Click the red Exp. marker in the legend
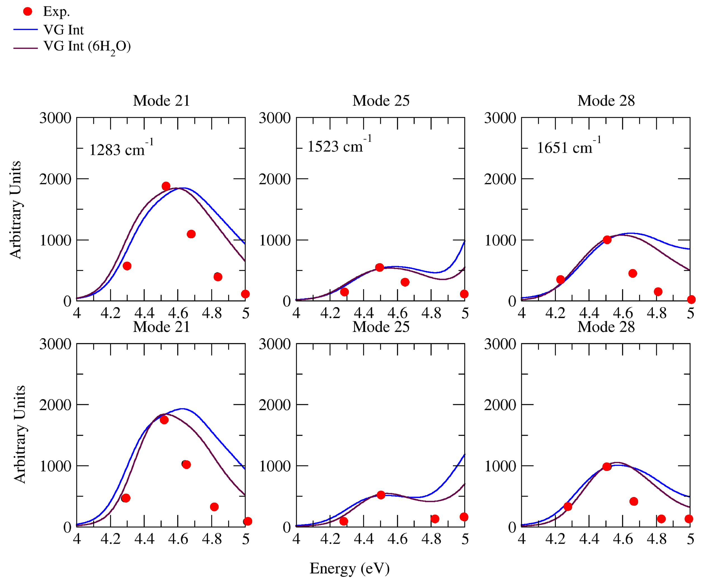click(x=27, y=12)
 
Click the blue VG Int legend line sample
click(x=25, y=29)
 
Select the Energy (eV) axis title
click(x=350, y=568)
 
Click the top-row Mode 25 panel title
click(x=381, y=100)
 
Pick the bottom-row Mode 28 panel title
click(x=606, y=327)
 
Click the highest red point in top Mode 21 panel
click(x=166, y=186)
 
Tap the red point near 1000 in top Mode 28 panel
click(x=607, y=239)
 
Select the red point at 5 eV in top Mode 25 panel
click(x=464, y=294)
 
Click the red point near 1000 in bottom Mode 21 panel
click(x=186, y=465)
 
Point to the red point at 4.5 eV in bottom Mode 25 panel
click(x=381, y=495)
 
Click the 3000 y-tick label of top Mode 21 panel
click(x=55, y=118)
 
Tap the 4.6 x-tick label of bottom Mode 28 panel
click(x=622, y=539)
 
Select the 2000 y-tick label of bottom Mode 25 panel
click(x=275, y=405)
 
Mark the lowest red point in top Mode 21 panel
click(x=245, y=294)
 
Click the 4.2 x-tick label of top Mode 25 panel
click(x=330, y=313)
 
